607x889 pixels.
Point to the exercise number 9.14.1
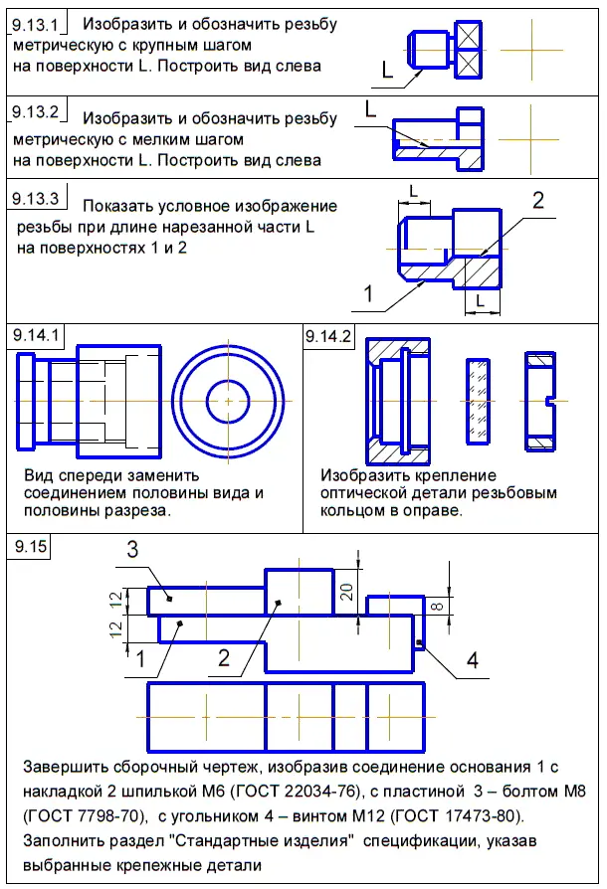(34, 336)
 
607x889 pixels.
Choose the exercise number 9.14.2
(327, 336)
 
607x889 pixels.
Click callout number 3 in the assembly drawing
(131, 550)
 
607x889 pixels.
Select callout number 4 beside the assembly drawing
(473, 660)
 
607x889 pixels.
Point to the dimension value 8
(434, 605)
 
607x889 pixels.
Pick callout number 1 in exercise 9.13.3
(368, 294)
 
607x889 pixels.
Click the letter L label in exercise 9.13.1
(388, 68)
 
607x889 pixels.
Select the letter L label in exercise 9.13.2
(370, 108)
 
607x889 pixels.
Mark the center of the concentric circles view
(229, 400)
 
